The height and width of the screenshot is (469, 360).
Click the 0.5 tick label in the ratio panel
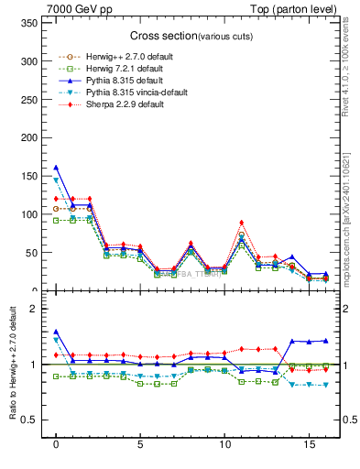pos(29,420)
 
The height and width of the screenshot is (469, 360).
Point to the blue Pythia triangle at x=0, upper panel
pos(56,168)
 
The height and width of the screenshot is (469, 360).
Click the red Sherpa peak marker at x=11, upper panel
pos(241,223)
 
